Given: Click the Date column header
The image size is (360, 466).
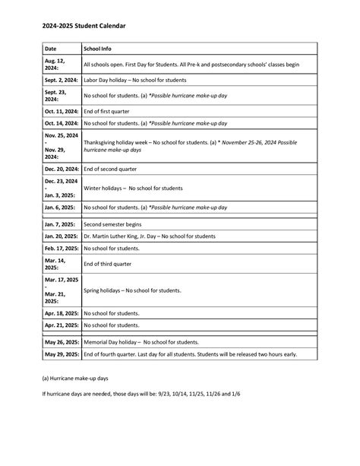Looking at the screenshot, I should (x=51, y=48).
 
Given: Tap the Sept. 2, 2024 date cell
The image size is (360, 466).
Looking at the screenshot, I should (x=60, y=79).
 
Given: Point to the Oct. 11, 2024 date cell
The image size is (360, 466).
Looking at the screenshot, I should (x=61, y=111).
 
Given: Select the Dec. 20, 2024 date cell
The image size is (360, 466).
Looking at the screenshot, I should (x=61, y=169).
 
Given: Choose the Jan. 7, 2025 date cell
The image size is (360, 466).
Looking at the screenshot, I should (x=59, y=225).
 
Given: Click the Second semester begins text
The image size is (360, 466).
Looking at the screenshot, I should (x=116, y=225).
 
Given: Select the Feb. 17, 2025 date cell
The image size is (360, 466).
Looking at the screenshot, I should (x=61, y=248).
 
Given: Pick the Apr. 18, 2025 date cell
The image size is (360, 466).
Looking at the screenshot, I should (x=61, y=312).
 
